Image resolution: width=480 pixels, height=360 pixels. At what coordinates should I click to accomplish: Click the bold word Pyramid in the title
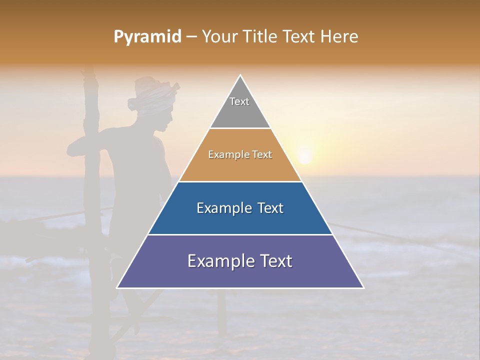pyautogui.click(x=147, y=37)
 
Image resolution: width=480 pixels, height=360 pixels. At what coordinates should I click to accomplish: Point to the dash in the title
pyautogui.click(x=191, y=37)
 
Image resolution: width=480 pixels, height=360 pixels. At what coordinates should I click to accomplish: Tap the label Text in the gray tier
pyautogui.click(x=239, y=101)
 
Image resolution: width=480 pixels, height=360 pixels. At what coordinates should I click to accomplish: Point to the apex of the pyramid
pyautogui.click(x=240, y=76)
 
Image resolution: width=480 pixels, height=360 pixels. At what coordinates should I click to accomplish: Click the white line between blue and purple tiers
pyautogui.click(x=240, y=234)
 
